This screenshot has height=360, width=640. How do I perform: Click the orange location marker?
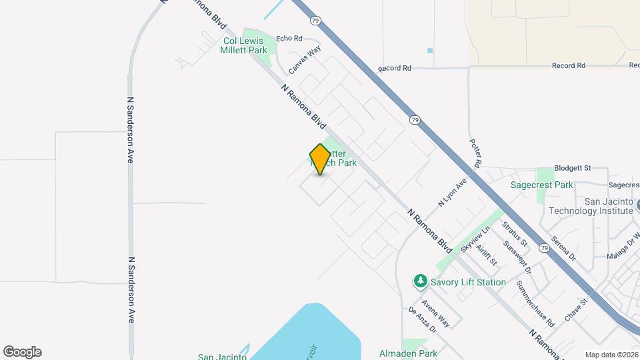(x=320, y=159)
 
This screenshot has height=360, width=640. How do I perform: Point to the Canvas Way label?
(x=305, y=60)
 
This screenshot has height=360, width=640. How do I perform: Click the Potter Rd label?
(x=475, y=153)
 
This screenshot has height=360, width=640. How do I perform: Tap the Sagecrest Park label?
(x=542, y=185)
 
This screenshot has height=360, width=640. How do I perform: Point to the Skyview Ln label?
(x=475, y=239)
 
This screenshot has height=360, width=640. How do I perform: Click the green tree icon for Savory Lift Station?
(x=420, y=281)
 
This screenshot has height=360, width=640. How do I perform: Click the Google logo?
(x=22, y=352)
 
